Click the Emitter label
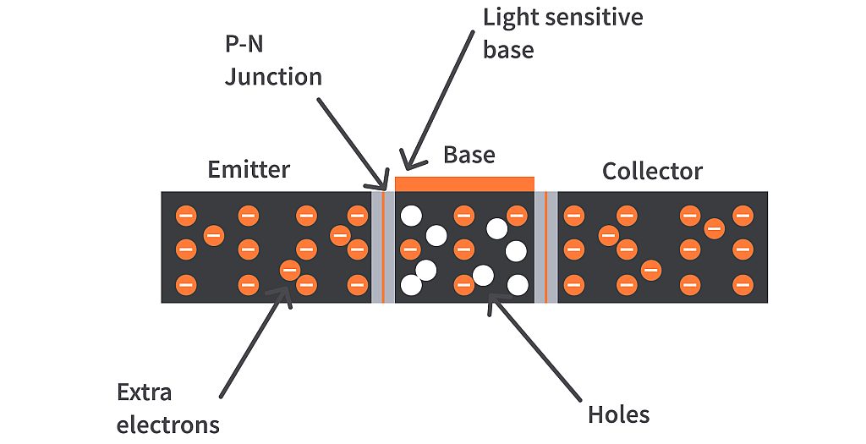tap(249, 169)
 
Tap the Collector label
tap(651, 172)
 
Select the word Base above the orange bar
tap(469, 156)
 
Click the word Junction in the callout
tap(273, 77)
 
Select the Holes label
tap(618, 414)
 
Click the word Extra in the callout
tap(144, 392)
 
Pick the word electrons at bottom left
tap(167, 424)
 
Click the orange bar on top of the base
tap(464, 184)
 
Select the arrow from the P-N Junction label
tap(351, 144)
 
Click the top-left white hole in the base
tap(411, 216)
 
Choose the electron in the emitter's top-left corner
tap(185, 217)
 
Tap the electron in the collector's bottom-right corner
tap(743, 284)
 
